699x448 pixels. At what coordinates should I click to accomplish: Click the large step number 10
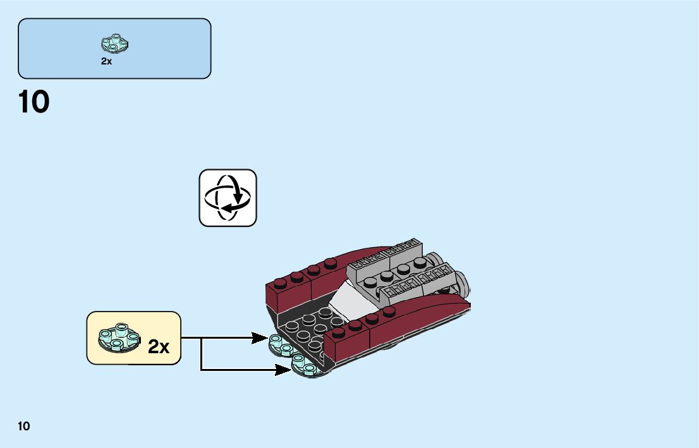click(x=34, y=102)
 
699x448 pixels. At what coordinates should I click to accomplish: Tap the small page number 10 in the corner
click(x=24, y=426)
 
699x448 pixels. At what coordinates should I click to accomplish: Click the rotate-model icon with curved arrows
click(x=228, y=197)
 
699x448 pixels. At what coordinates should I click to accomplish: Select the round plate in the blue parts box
click(x=114, y=43)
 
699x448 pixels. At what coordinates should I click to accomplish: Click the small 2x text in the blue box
click(x=106, y=62)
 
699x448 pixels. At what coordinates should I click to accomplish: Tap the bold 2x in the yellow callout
click(x=159, y=346)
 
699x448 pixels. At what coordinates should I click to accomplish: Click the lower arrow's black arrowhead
click(x=284, y=369)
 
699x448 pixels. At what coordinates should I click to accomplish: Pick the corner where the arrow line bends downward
click(x=201, y=339)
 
